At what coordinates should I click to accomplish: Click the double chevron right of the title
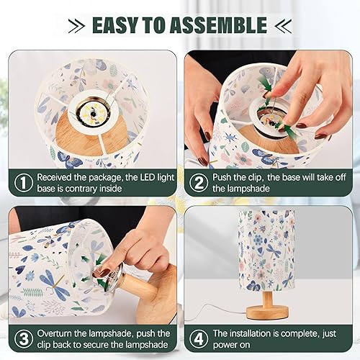(283, 26)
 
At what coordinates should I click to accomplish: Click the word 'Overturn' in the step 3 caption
(58, 333)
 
